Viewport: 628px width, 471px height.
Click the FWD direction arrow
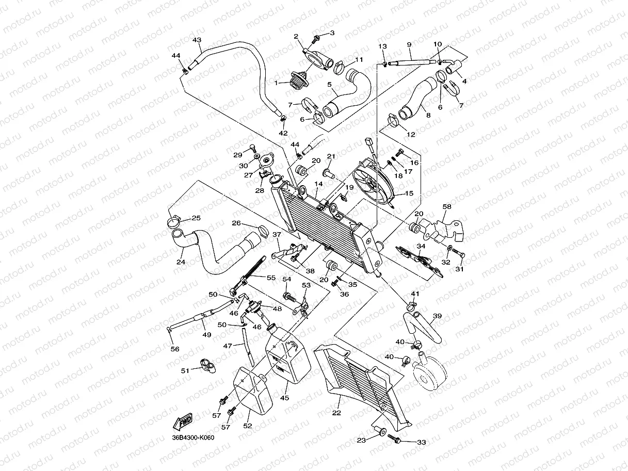pyautogui.click(x=184, y=423)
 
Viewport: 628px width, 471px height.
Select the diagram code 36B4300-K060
pyautogui.click(x=193, y=437)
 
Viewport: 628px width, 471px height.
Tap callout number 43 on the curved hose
pyautogui.click(x=197, y=40)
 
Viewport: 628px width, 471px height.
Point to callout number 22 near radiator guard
pyautogui.click(x=336, y=413)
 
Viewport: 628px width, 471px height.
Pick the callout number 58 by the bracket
pyautogui.click(x=447, y=207)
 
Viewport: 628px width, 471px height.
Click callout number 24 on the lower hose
pyautogui.click(x=181, y=262)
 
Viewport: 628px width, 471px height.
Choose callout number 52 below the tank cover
pyautogui.click(x=247, y=426)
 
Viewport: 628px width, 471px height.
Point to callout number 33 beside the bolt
pyautogui.click(x=422, y=442)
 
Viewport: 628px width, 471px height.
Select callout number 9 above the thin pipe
pyautogui.click(x=409, y=44)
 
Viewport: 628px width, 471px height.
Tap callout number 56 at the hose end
pyautogui.click(x=175, y=349)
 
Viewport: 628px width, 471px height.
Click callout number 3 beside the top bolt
pyautogui.click(x=332, y=33)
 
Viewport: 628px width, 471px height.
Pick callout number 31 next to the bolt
pyautogui.click(x=459, y=269)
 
